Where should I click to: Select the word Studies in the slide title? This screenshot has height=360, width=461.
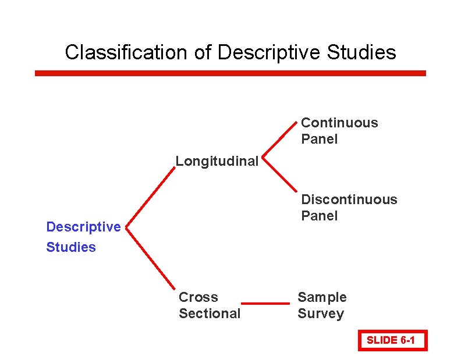(x=361, y=52)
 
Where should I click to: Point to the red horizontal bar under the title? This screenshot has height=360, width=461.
(x=230, y=73)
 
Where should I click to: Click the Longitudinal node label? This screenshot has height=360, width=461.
(x=217, y=161)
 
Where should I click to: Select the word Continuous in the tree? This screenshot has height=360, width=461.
(x=339, y=123)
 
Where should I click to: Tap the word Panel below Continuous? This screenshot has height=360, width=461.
(x=319, y=139)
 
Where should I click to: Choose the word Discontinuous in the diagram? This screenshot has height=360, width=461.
(x=349, y=199)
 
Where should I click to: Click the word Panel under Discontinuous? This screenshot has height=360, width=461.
(x=319, y=216)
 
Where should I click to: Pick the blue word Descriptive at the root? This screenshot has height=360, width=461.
(x=83, y=227)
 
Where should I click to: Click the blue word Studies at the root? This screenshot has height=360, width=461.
(x=71, y=247)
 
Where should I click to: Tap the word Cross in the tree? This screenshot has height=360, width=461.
(x=198, y=297)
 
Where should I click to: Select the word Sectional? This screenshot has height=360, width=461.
(x=209, y=313)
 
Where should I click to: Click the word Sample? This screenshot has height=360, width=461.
(x=322, y=297)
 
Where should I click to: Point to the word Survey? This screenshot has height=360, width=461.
(x=320, y=313)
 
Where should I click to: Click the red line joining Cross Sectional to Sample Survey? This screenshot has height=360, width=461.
(x=265, y=303)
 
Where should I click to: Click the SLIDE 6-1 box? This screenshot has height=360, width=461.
(x=393, y=340)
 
